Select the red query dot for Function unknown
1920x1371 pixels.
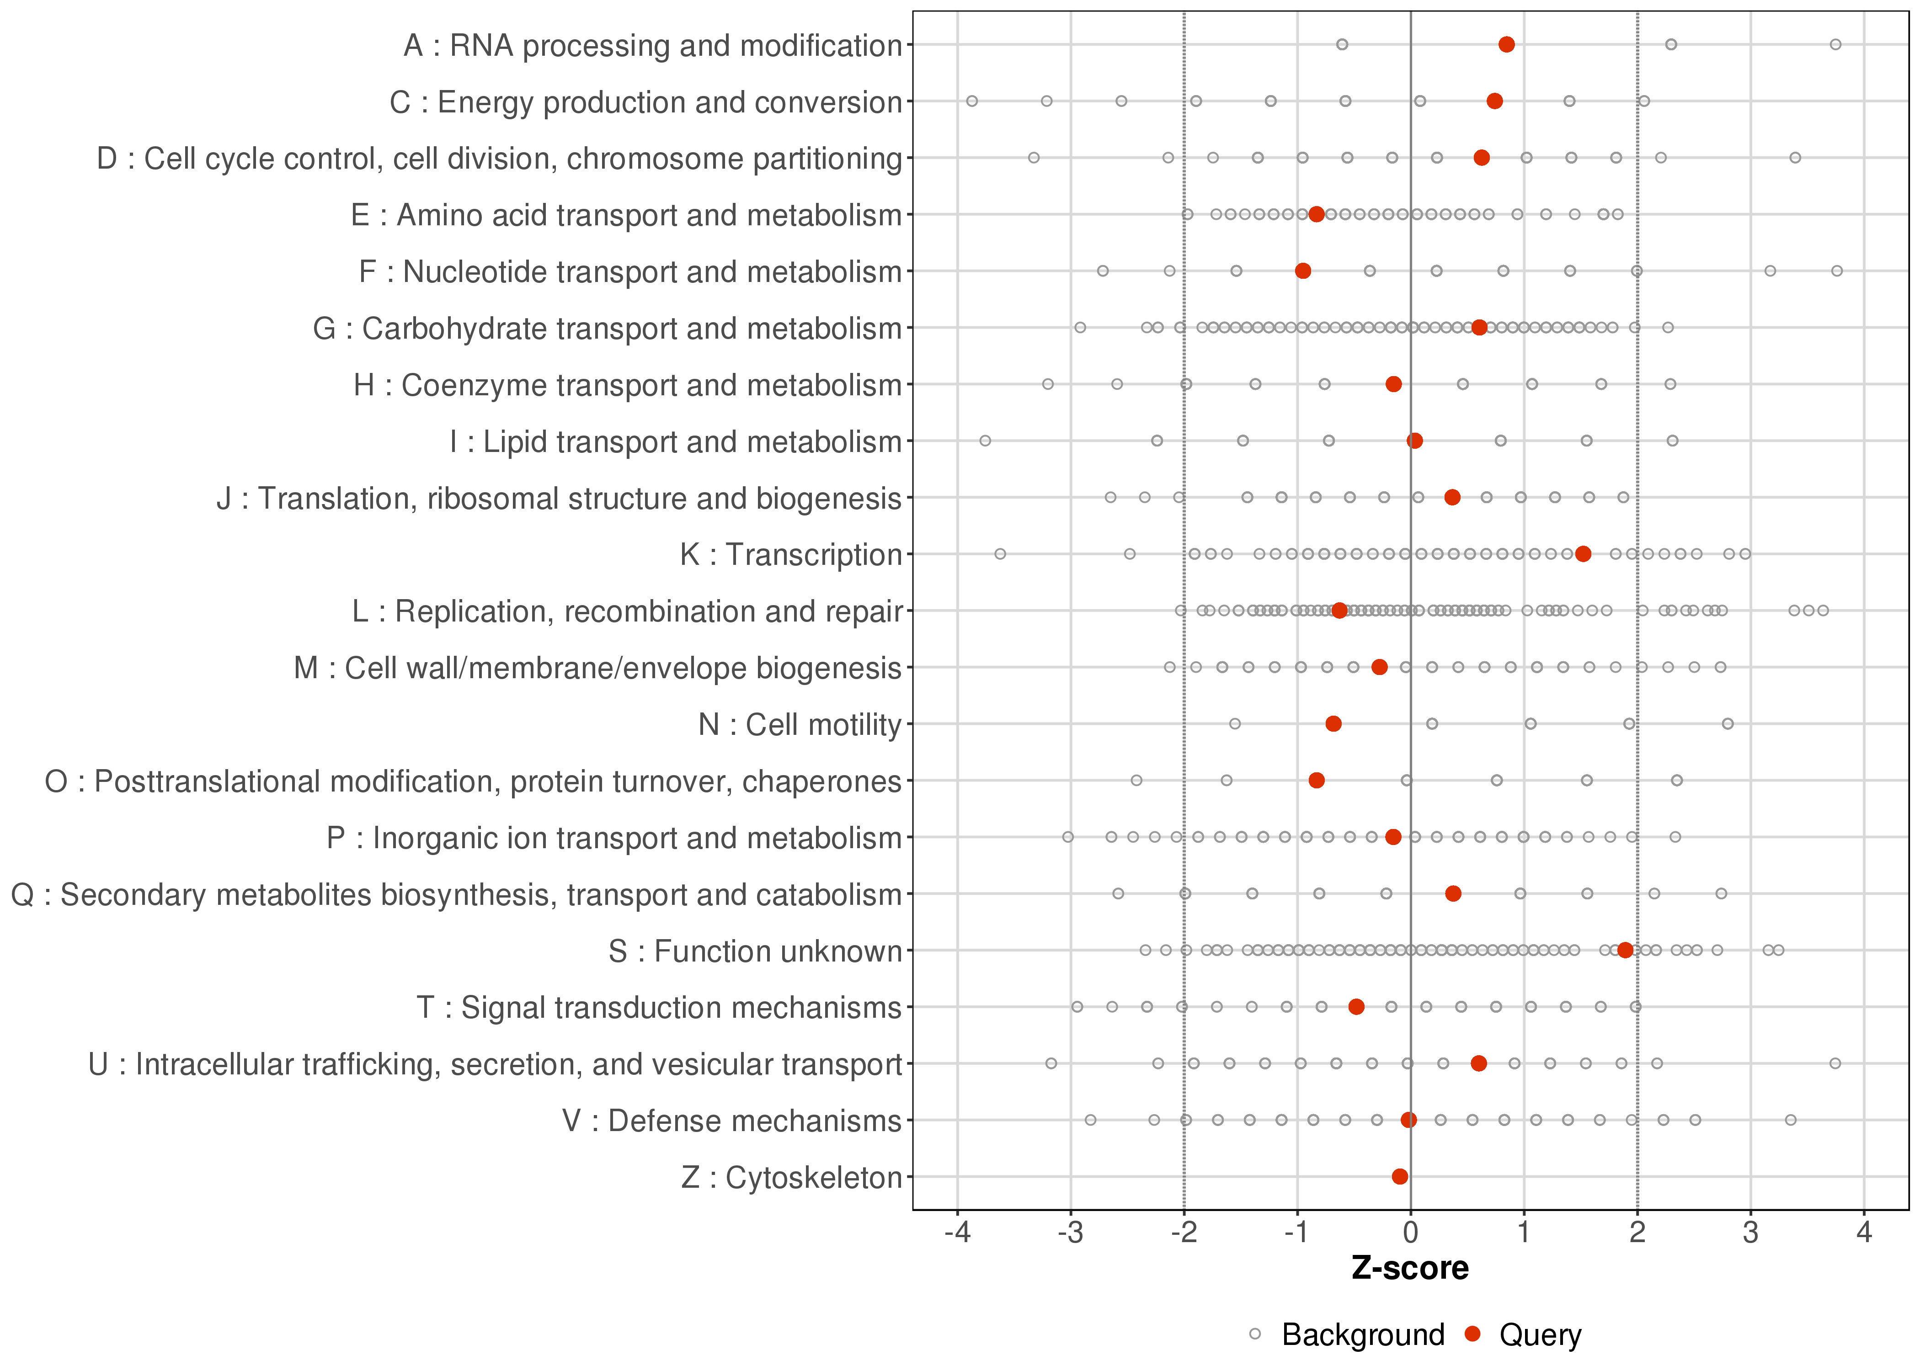coord(1625,950)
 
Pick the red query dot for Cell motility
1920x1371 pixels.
coord(1333,723)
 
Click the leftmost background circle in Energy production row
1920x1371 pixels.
coord(972,101)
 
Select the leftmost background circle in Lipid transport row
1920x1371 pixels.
coord(985,441)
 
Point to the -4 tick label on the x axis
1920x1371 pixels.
coord(957,1233)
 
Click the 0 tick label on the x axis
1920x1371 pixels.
coord(1410,1233)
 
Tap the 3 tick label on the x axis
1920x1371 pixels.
coord(1750,1233)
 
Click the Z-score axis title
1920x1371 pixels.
coord(1410,1269)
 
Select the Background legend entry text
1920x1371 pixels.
coord(1363,1335)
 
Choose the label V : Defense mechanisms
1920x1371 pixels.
coord(732,1120)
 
